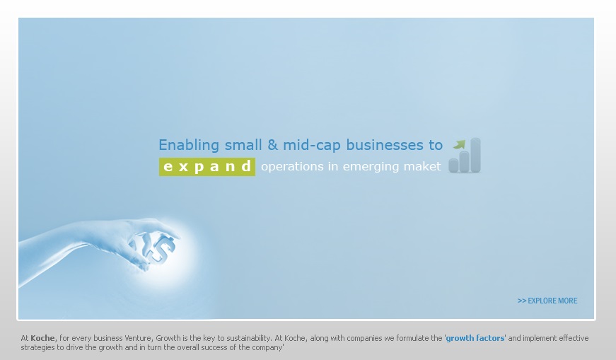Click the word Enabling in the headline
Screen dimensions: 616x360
coord(189,146)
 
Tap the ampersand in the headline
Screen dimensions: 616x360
coord(272,144)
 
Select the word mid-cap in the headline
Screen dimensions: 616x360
coord(312,146)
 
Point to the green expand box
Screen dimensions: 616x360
coord(207,167)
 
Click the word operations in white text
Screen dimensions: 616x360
coord(291,167)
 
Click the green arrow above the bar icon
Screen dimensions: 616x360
coord(459,144)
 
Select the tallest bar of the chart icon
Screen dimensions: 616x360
coord(475,155)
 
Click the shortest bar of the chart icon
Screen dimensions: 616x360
coord(454,166)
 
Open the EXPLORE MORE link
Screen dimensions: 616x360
coord(547,301)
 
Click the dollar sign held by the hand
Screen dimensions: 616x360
coord(163,248)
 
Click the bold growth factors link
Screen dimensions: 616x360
coord(475,338)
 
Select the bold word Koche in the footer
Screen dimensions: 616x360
coord(42,338)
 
